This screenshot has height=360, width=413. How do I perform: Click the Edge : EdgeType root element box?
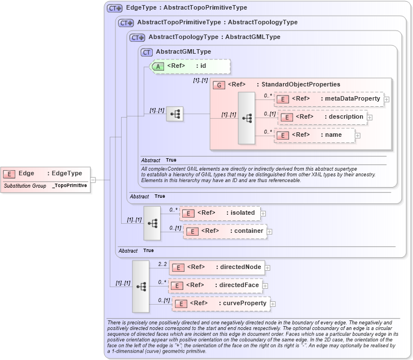(45, 174)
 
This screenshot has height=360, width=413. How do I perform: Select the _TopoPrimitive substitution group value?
(70, 185)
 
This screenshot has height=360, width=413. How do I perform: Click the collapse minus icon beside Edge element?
(93, 180)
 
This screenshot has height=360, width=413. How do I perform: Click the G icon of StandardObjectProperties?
(218, 85)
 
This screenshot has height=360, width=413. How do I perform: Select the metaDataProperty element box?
(329, 99)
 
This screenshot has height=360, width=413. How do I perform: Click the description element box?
(323, 117)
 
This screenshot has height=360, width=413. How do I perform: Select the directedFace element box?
(216, 285)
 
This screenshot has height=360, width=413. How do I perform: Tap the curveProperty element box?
(221, 303)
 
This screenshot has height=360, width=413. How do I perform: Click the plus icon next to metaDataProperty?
(386, 99)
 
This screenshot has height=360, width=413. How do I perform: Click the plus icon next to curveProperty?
(273, 304)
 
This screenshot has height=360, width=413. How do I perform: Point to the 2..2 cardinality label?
(163, 264)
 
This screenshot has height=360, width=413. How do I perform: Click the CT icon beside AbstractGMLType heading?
(147, 52)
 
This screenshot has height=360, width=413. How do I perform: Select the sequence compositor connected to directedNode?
(141, 287)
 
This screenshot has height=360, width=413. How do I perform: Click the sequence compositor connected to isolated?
(152, 223)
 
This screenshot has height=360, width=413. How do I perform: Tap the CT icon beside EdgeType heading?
(115, 8)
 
